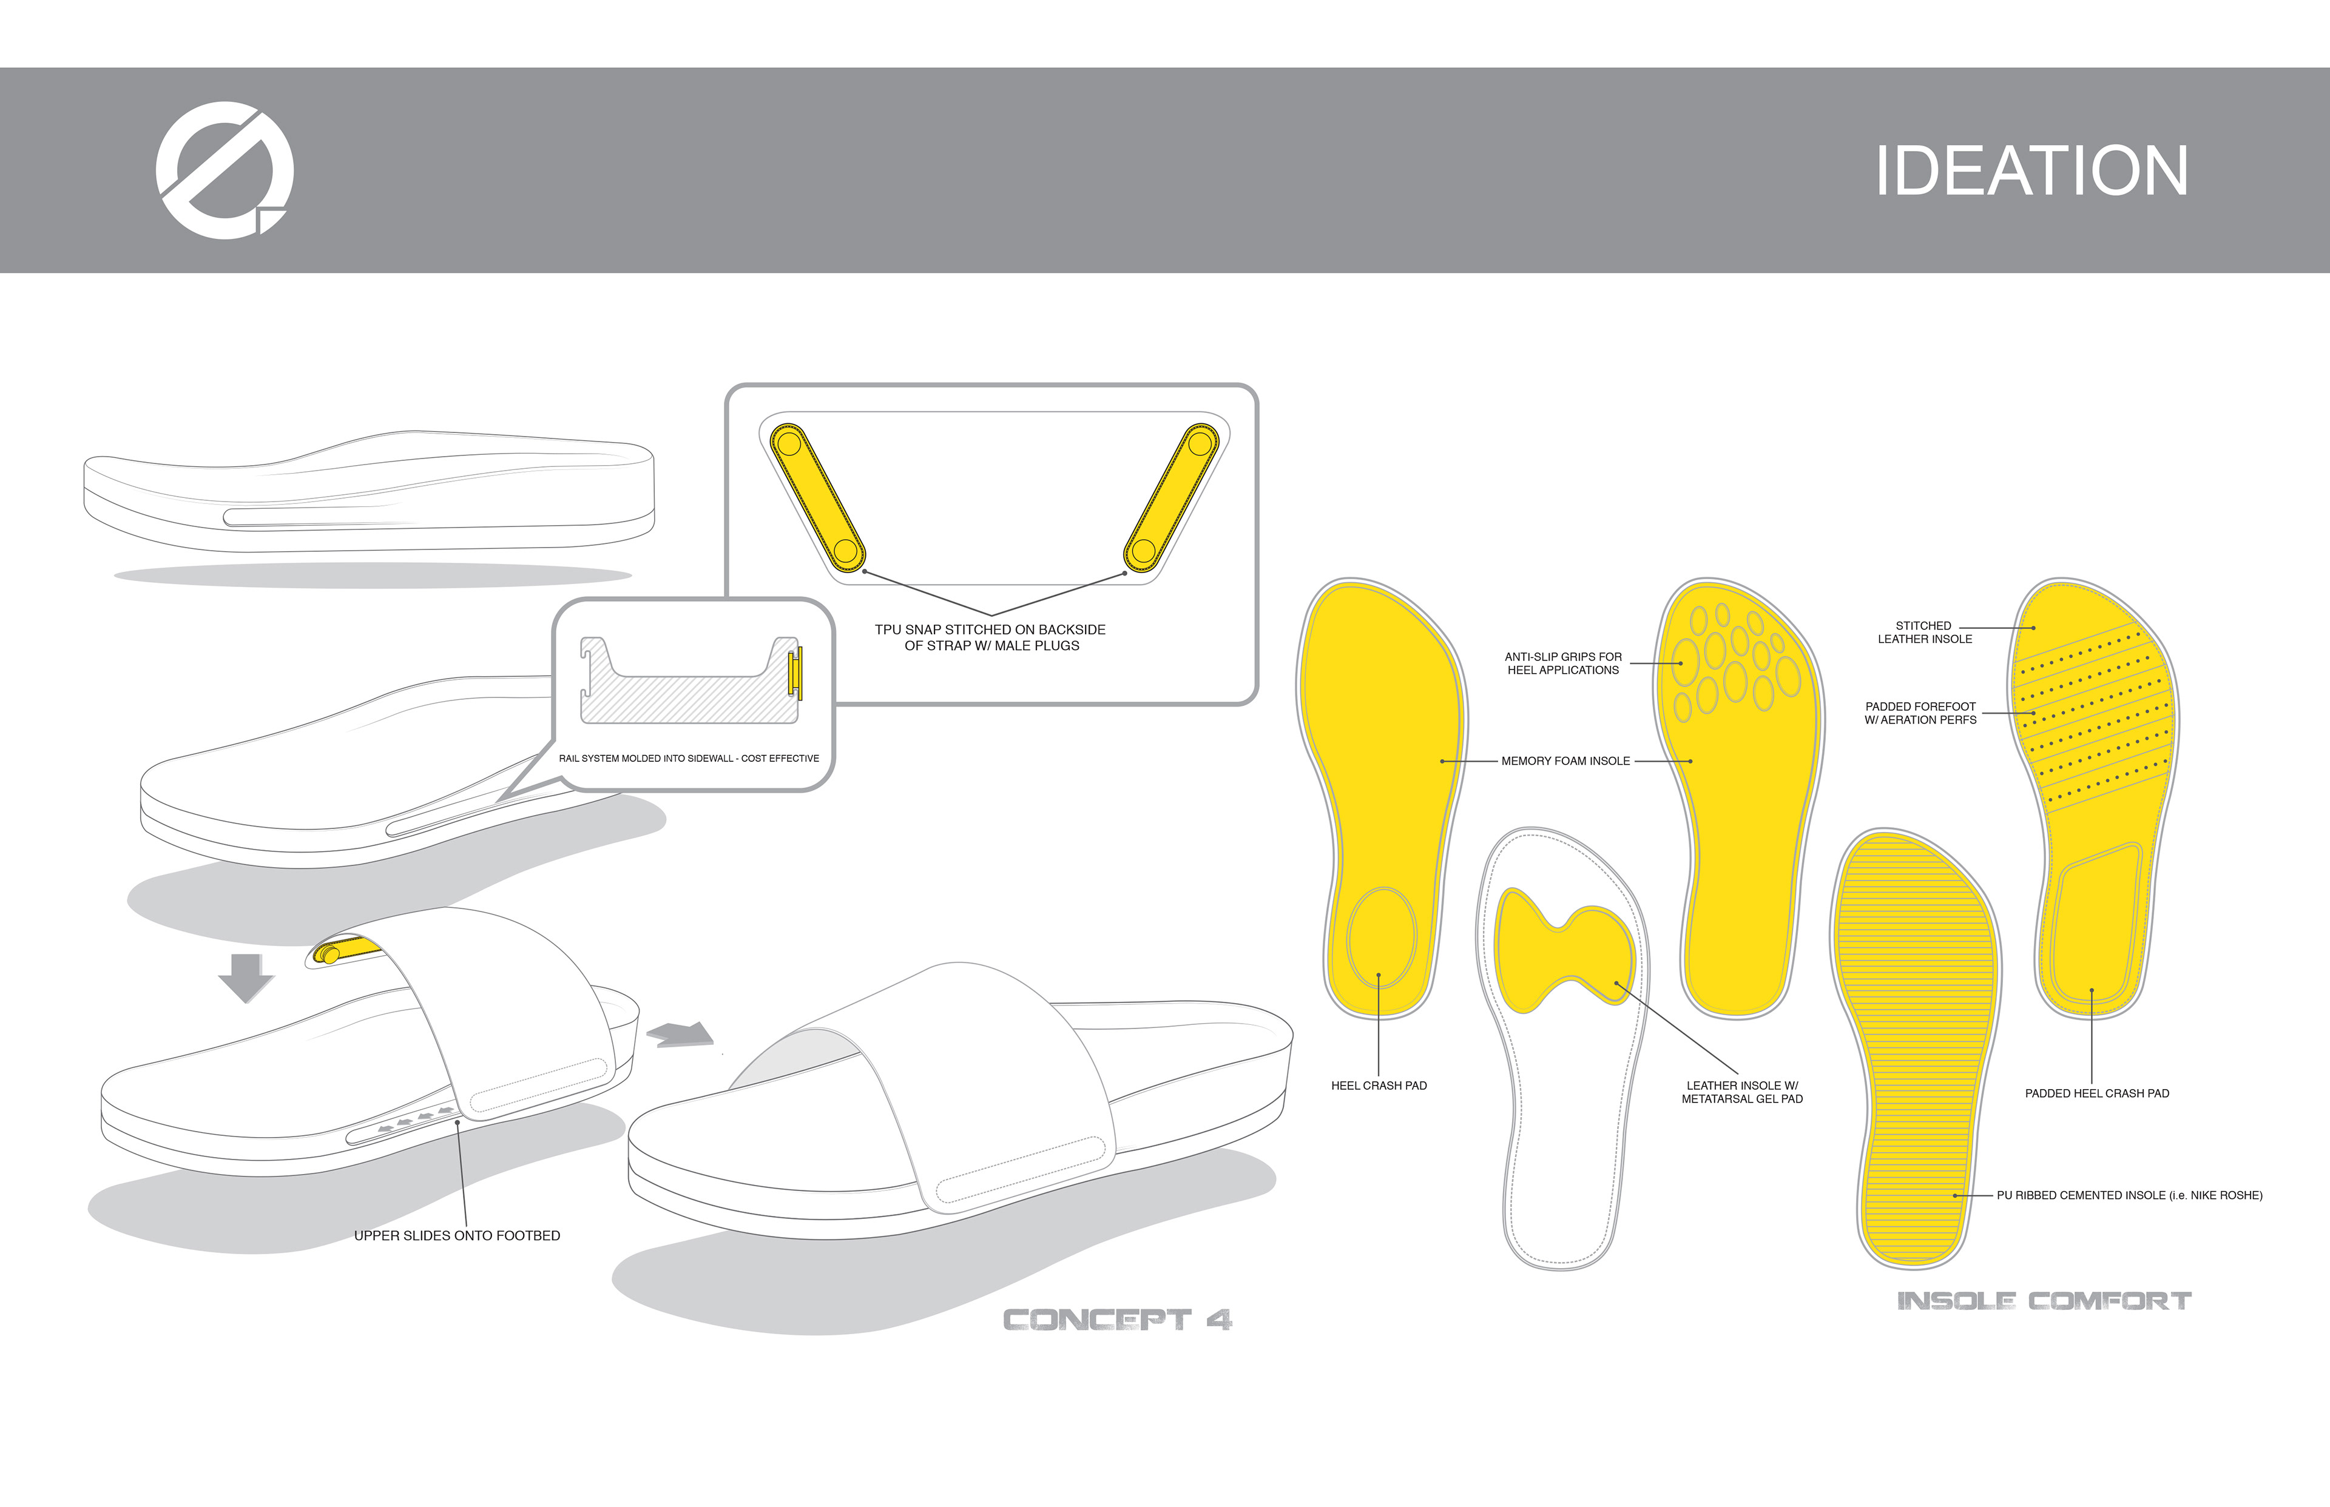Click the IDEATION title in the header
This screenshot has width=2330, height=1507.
(2031, 171)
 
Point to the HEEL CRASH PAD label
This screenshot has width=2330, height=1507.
(1379, 1086)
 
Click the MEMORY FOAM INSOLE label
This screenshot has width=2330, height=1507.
(1565, 761)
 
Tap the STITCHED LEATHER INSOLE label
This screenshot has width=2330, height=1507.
(1923, 632)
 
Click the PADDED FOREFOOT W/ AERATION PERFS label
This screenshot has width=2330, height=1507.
(1920, 713)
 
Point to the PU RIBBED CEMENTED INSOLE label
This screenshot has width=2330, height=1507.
(2129, 1195)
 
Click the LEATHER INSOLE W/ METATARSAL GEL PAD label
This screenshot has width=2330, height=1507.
(1741, 1092)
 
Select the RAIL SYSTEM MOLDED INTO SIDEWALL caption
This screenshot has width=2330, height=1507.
(688, 759)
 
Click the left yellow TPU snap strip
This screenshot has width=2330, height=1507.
(817, 497)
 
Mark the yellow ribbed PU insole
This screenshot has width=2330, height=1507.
(1914, 1047)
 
